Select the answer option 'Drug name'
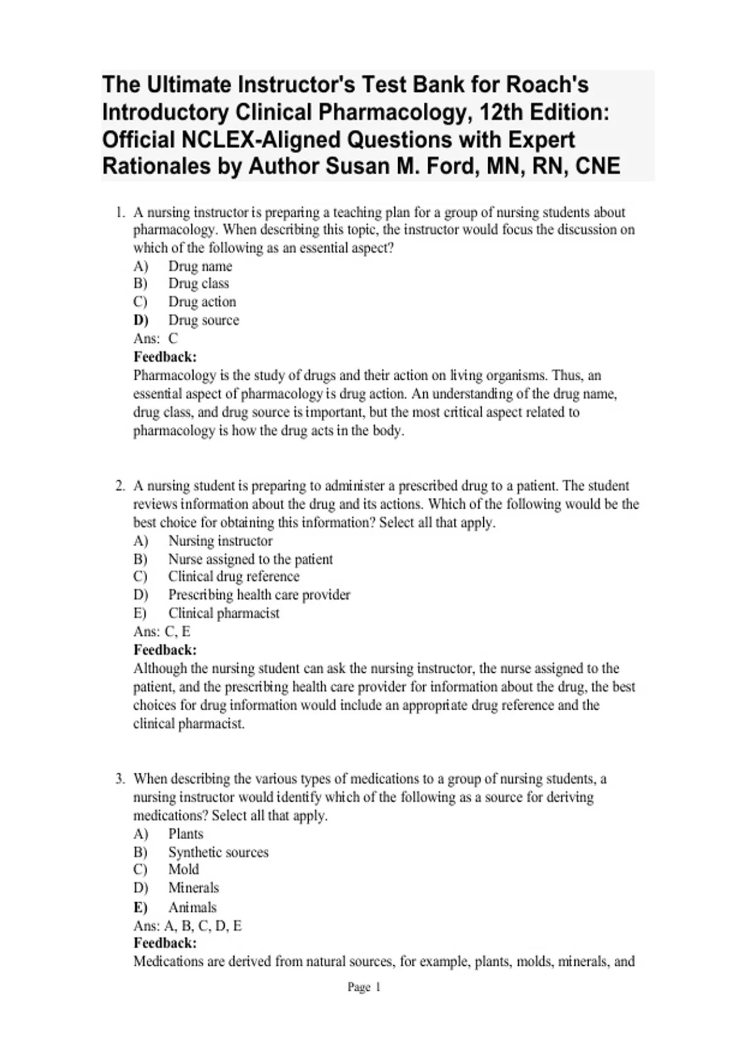click(200, 266)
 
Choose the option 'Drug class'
click(198, 284)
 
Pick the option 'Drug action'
click(202, 302)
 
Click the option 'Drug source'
click(203, 320)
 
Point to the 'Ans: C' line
click(156, 339)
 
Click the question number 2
click(120, 486)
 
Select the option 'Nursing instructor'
click(220, 541)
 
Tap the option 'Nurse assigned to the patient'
click(251, 559)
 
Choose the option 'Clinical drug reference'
click(233, 577)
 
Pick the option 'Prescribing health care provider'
click(259, 595)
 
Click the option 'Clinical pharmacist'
click(224, 613)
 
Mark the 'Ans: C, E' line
click(162, 631)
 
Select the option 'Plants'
click(186, 834)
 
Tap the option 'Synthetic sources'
click(218, 852)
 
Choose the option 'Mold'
click(183, 870)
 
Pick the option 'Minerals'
click(193, 888)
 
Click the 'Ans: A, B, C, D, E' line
click(187, 925)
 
